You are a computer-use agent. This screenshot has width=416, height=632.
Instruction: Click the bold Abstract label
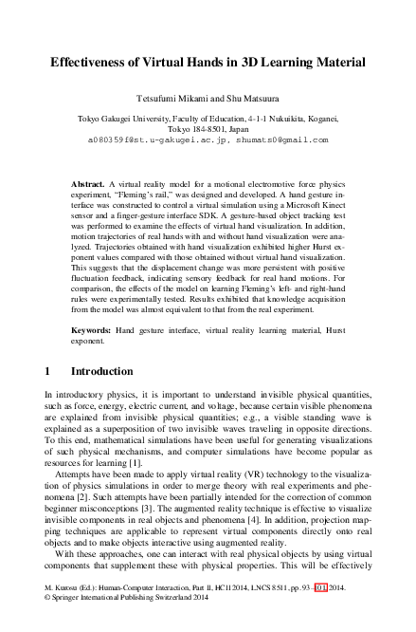(x=89, y=181)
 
